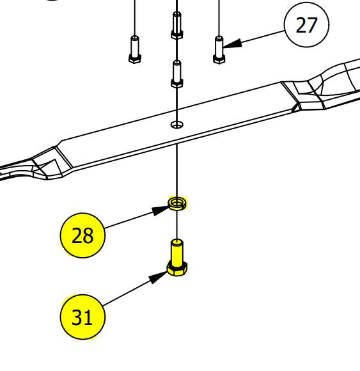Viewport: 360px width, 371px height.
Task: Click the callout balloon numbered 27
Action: (306, 24)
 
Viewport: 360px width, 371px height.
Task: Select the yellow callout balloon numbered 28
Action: (82, 235)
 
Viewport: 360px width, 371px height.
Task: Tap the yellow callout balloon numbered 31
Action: (82, 317)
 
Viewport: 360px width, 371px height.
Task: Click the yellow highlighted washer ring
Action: (177, 203)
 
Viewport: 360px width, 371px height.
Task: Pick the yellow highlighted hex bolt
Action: (177, 257)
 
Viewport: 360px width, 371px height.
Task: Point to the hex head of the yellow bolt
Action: (177, 269)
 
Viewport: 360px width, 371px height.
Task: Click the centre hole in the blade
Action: (177, 125)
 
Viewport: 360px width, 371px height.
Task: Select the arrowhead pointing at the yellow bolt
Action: (158, 277)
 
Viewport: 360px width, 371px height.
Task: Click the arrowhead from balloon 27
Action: (233, 43)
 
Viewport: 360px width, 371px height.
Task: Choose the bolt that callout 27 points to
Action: (219, 50)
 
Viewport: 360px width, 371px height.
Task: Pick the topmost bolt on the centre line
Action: (176, 26)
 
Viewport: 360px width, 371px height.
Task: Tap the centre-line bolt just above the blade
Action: (176, 74)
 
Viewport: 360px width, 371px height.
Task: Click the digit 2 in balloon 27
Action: (301, 25)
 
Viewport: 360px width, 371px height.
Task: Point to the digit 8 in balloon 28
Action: (88, 235)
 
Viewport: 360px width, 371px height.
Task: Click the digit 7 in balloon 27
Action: (311, 25)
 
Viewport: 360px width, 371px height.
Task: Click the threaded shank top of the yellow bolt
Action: (177, 242)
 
